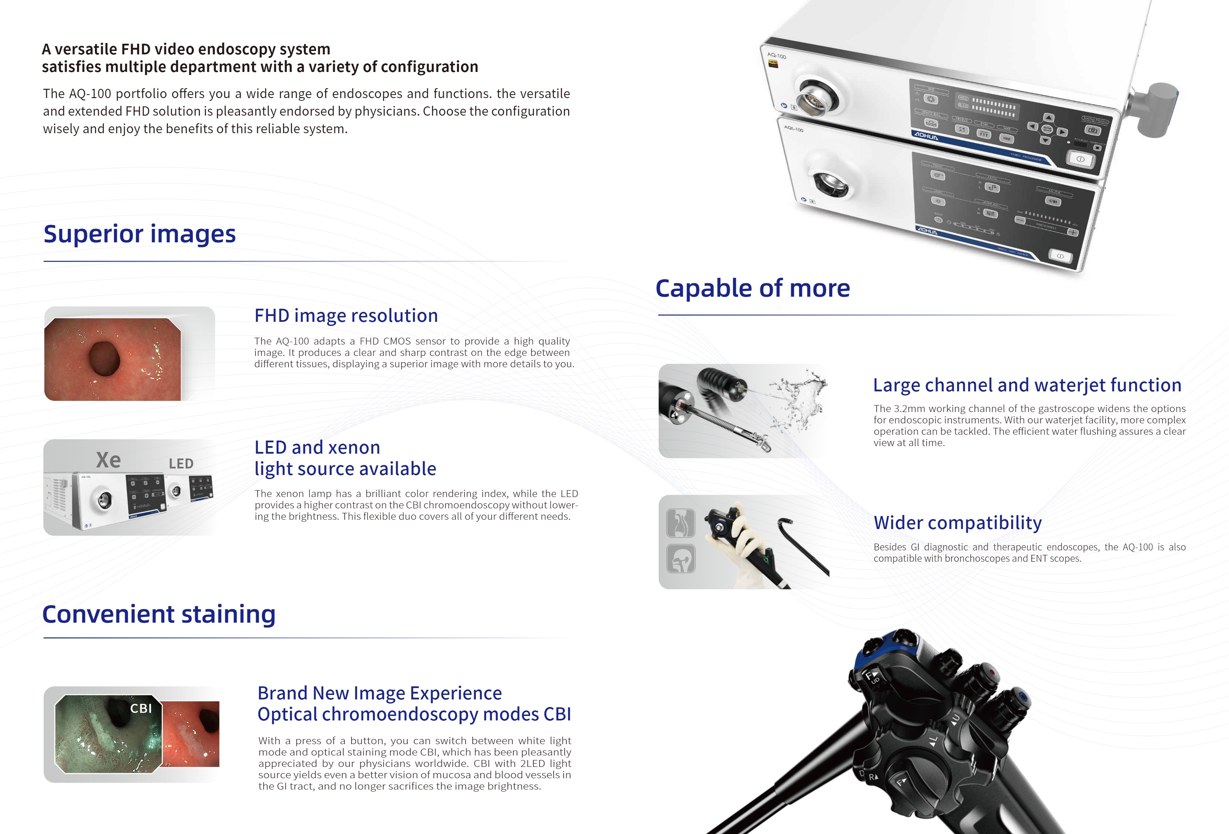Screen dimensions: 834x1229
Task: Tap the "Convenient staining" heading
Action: [159, 614]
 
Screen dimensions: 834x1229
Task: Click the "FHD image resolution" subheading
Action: [346, 316]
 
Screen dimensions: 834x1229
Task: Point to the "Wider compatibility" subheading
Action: [957, 522]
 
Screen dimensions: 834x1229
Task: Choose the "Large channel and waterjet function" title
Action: [1026, 385]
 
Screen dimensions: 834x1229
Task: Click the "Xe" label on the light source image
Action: [108, 460]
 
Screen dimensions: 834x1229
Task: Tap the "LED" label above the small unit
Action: [181, 464]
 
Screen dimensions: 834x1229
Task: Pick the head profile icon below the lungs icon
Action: [681, 559]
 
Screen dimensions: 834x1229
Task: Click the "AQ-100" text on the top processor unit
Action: [777, 55]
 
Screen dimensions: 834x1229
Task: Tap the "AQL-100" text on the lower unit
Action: [794, 128]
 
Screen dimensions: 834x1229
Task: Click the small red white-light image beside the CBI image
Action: [191, 733]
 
